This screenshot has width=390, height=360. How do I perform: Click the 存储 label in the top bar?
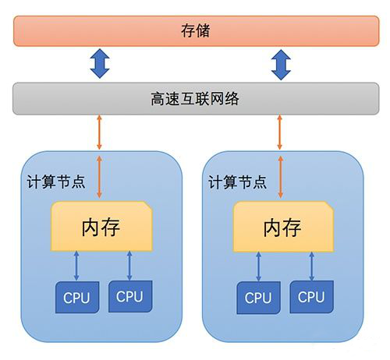tap(196, 30)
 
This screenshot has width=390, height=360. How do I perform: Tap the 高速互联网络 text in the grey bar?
tap(195, 99)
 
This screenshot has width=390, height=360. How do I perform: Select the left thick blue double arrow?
tap(100, 63)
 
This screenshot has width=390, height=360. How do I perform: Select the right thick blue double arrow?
tap(281, 65)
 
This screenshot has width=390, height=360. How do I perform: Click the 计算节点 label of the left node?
tap(56, 182)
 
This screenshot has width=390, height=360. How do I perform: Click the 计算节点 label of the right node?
tap(237, 182)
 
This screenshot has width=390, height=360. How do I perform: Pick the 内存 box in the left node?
tap(101, 226)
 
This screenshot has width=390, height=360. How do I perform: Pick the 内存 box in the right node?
tap(283, 227)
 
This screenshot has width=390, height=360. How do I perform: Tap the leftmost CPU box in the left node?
tap(77, 297)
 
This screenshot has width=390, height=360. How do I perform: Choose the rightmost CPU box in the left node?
tap(130, 296)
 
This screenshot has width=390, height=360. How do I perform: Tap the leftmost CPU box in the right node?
tap(258, 298)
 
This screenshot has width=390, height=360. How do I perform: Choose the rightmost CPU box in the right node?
tap(311, 297)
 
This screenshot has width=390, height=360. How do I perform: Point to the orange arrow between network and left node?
tap(99, 132)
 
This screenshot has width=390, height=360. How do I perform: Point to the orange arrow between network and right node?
tap(280, 132)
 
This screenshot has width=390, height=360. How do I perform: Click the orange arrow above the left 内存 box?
tap(99, 177)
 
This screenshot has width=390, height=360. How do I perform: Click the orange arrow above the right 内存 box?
tap(281, 177)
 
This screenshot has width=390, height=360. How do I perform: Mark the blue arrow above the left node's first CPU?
tap(76, 266)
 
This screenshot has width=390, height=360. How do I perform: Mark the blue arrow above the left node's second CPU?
tap(129, 266)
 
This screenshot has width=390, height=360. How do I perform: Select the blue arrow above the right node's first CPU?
tap(258, 266)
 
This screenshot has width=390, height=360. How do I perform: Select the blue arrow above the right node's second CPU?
tap(312, 266)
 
